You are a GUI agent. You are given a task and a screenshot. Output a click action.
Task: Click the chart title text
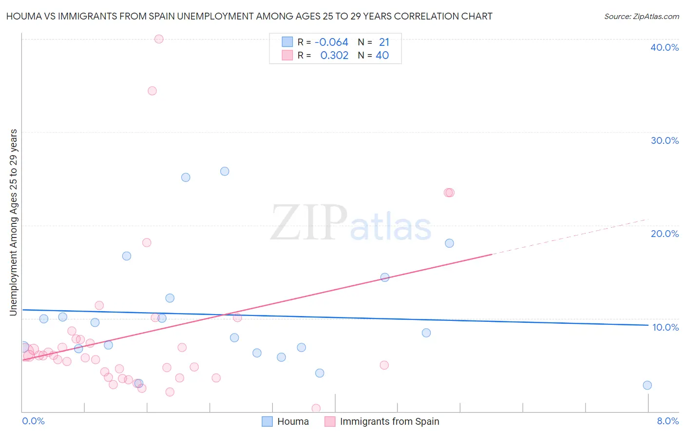pos(249,16)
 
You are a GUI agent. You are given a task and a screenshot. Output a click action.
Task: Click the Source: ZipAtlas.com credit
pos(641,16)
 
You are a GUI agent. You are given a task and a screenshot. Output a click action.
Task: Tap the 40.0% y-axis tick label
pos(665,47)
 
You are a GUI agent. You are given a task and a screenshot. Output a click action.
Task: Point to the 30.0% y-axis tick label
pos(665,140)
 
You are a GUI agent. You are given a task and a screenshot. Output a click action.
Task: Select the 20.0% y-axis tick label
pos(665,234)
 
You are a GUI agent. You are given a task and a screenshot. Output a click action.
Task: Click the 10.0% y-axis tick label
pos(665,327)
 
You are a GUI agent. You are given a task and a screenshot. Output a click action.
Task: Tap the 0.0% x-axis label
pos(33,421)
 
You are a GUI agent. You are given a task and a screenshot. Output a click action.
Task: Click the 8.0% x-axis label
pos(667,421)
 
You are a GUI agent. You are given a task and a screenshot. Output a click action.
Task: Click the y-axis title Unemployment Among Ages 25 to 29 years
pos(14,222)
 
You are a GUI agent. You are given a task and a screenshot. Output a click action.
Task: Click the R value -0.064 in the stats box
pos(331,42)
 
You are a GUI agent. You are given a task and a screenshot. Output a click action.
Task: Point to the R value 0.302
pos(334,56)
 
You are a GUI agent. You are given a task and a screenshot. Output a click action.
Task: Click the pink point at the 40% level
pos(159,39)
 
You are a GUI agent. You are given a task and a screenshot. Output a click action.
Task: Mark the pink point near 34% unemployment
pos(152,91)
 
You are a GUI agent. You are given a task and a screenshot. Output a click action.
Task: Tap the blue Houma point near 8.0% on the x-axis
pos(647,385)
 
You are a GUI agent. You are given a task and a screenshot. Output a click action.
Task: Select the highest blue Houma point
pos(225,171)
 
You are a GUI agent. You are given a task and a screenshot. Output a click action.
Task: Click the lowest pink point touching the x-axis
pos(316,408)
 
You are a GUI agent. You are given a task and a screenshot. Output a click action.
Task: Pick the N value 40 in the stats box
pos(382,56)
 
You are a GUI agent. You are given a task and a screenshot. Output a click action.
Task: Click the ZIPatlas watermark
pos(351,223)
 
